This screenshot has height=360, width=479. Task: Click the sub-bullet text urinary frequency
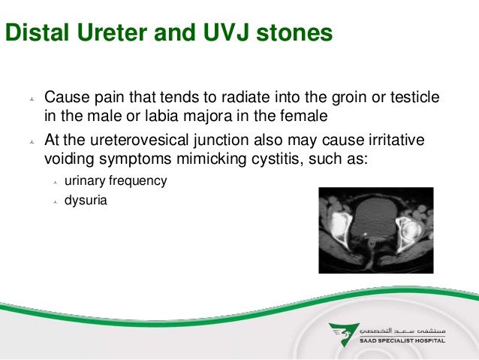115,181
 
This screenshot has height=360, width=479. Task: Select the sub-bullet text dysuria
86,201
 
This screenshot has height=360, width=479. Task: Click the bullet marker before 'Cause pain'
32,99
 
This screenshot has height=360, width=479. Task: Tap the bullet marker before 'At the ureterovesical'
32,141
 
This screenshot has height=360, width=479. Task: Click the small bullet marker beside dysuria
55,201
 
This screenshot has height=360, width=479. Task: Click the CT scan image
375,230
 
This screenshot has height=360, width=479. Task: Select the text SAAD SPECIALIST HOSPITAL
402,340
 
